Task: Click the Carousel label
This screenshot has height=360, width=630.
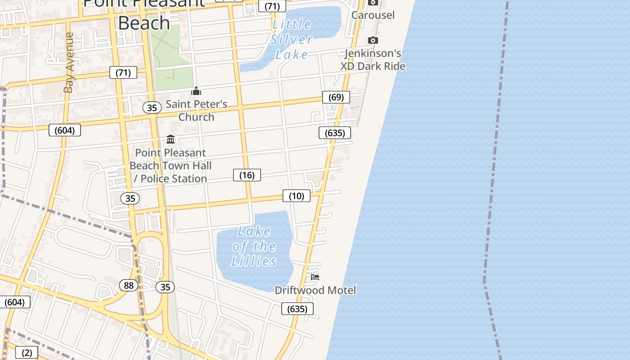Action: pos(373,15)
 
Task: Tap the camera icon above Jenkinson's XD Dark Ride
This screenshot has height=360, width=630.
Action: pos(373,40)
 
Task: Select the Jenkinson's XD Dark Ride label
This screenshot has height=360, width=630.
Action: pos(373,60)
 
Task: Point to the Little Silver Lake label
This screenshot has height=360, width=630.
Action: pos(292,39)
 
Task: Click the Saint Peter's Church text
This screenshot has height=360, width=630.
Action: pos(196,110)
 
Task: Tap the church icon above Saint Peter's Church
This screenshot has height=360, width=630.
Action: pos(196,91)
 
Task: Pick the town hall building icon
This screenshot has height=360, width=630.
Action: pos(171,139)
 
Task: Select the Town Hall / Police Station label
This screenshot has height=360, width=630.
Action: pos(171,166)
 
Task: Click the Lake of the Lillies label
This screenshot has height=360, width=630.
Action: pos(254,246)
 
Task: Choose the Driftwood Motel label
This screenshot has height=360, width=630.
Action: pos(315,290)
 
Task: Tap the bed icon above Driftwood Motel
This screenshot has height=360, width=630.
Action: pos(315,277)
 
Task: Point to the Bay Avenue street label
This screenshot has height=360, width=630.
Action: pos(68,63)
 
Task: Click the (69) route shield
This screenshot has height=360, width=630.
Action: pos(336,97)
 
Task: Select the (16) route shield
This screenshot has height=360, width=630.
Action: pos(247,175)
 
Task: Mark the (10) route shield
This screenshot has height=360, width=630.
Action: pos(296,196)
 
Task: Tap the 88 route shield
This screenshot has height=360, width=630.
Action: pos(129,285)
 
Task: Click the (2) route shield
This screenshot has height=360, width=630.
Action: pos(27,353)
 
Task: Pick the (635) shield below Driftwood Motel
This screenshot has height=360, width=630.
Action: pos(297,309)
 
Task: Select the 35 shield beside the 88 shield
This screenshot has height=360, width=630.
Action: pos(165,287)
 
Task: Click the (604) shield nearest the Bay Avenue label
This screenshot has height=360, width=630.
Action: pos(65,130)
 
